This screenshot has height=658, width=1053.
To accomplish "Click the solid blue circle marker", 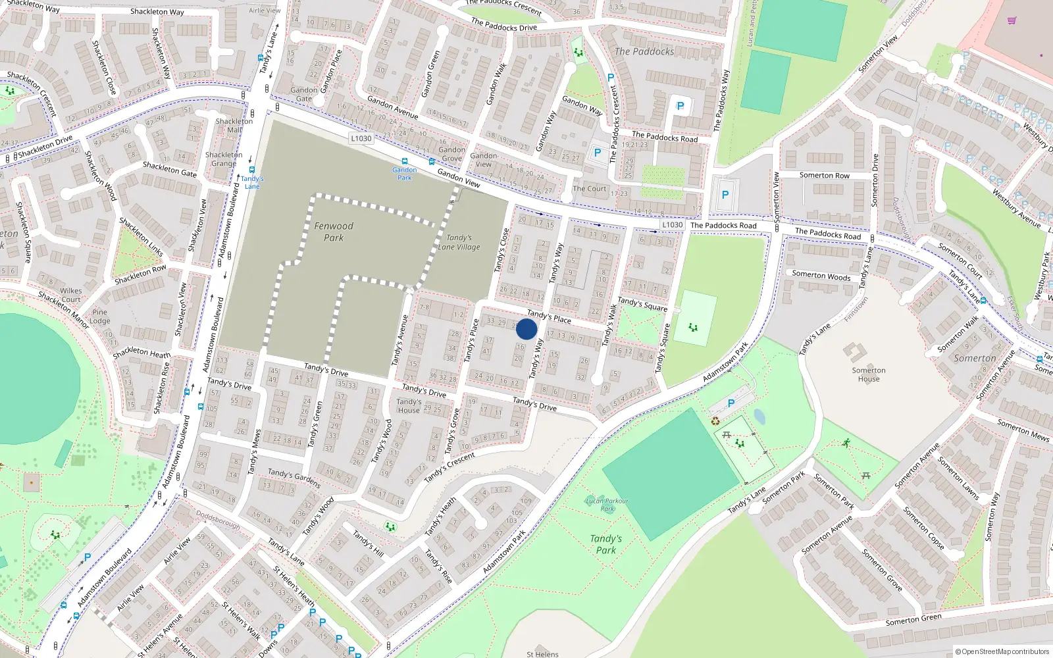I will (x=526, y=329).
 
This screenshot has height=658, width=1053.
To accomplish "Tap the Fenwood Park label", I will (x=334, y=232).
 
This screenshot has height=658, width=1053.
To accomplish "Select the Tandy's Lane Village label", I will (x=459, y=242).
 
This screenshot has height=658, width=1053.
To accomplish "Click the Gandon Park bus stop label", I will (x=405, y=174).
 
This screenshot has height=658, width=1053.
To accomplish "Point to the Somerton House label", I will (x=869, y=374).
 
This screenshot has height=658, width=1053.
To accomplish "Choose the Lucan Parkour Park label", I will (x=607, y=505).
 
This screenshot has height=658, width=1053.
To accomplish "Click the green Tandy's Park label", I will (x=606, y=544).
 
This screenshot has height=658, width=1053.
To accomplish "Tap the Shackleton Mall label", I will (x=234, y=126).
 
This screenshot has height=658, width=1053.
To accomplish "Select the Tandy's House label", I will (x=409, y=406).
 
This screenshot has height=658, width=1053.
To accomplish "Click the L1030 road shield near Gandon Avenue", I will (x=361, y=138).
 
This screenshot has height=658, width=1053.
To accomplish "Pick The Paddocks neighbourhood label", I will (x=644, y=51).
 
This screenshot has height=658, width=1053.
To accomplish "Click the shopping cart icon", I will (x=1012, y=20).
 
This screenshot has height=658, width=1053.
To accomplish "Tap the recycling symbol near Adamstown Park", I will (x=715, y=421).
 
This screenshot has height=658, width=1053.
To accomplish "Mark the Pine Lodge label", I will (x=100, y=316).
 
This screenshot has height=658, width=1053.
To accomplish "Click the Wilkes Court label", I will (x=71, y=295).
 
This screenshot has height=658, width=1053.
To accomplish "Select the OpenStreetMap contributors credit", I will (x=1002, y=651).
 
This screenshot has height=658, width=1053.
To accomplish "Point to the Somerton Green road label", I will (x=913, y=619).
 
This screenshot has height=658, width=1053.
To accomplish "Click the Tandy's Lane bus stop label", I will (x=252, y=182).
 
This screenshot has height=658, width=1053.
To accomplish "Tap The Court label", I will (x=590, y=189).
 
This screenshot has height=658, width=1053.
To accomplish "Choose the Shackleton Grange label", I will (x=224, y=159).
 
